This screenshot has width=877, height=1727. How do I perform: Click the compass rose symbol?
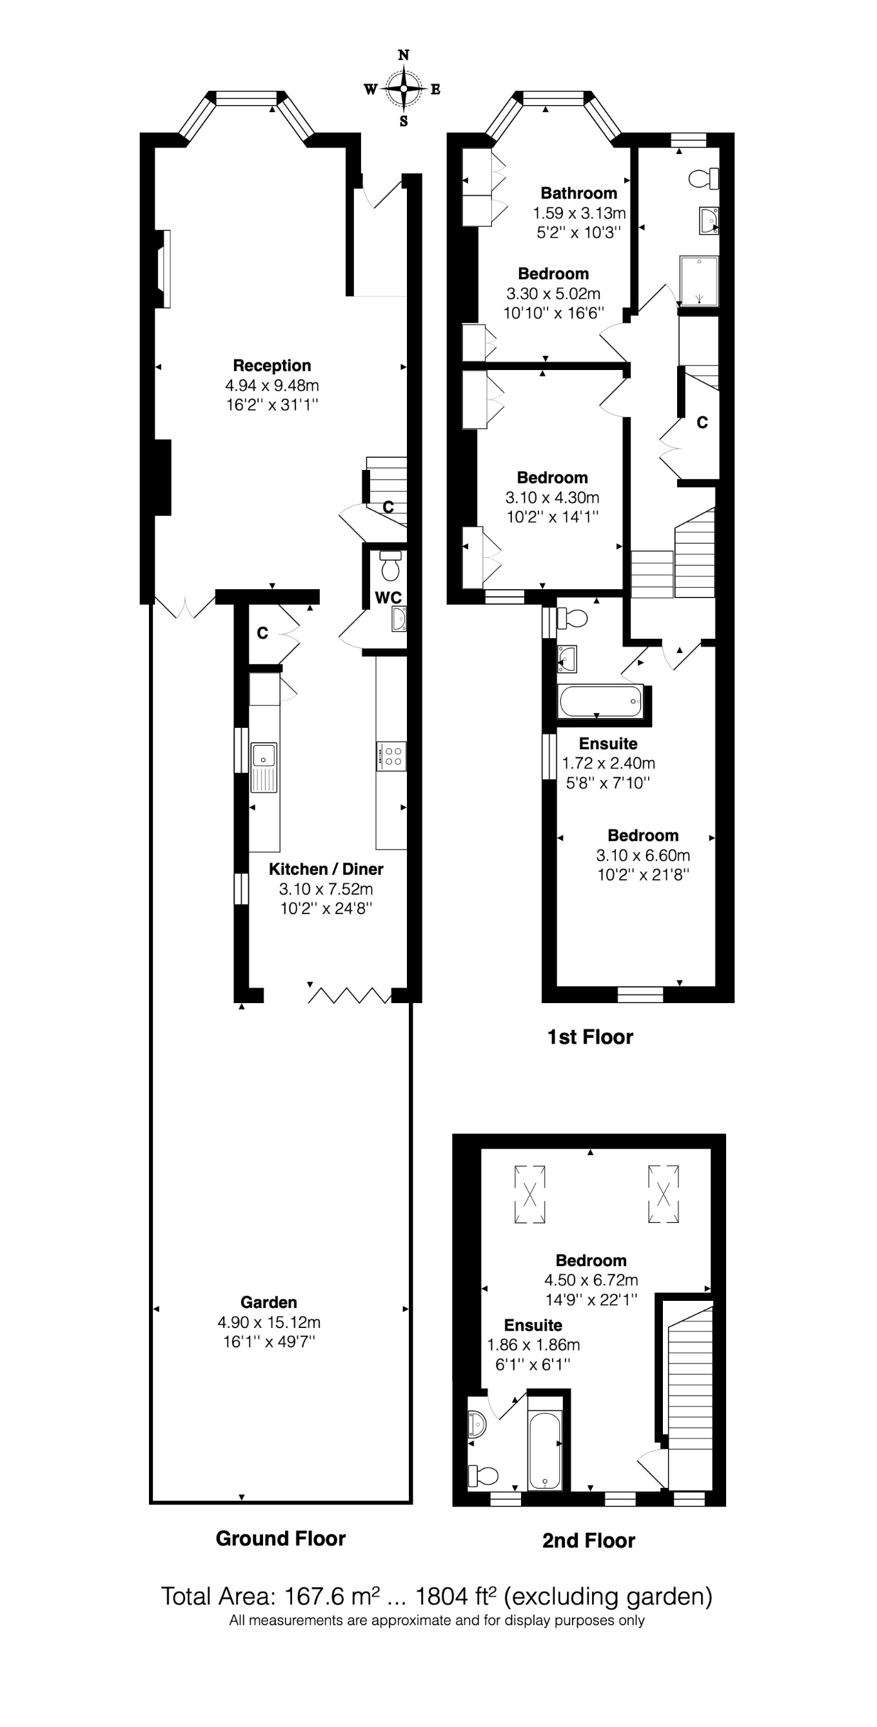[404, 88]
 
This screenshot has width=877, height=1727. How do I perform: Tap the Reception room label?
[271, 366]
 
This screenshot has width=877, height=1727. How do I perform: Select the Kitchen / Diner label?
[326, 869]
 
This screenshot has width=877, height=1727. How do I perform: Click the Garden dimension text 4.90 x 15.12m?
[268, 1322]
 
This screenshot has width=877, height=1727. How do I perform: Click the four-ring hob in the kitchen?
[391, 756]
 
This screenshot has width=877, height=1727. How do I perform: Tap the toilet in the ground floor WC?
[390, 567]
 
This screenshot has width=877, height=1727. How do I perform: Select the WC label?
[388, 598]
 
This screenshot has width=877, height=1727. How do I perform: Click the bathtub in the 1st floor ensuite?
[600, 701]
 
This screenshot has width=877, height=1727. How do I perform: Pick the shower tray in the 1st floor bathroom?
[698, 280]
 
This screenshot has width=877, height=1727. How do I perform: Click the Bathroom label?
[578, 193]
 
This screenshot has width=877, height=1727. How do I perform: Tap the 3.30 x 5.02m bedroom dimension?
[553, 294]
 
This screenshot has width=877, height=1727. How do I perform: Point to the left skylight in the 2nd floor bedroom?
[529, 1195]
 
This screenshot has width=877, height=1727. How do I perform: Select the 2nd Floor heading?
[588, 1541]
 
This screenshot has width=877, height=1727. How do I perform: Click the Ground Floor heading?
[281, 1538]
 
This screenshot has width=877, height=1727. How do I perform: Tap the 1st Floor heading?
[590, 1037]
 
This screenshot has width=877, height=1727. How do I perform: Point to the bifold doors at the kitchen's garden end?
[350, 995]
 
